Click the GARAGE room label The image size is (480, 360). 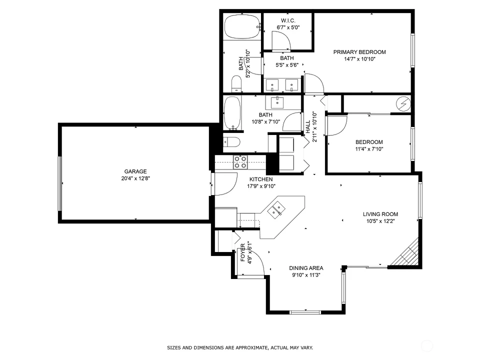click(135, 171)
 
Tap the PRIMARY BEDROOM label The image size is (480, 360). click(359, 52)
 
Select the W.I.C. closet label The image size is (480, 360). click(288, 20)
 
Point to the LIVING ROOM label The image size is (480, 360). click(380, 214)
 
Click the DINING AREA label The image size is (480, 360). click(306, 268)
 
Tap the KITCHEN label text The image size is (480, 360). click(261, 179)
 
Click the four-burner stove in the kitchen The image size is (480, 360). click(240, 162)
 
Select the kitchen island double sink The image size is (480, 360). click(276, 210)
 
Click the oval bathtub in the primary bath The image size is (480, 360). click(242, 27)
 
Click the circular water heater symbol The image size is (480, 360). click(403, 104)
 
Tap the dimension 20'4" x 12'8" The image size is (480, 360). click(135, 178)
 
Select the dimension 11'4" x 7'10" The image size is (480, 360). click(369, 149)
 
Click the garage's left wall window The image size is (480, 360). click(60, 183)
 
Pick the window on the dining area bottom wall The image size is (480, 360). click(305, 312)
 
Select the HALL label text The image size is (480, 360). click(307, 126)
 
